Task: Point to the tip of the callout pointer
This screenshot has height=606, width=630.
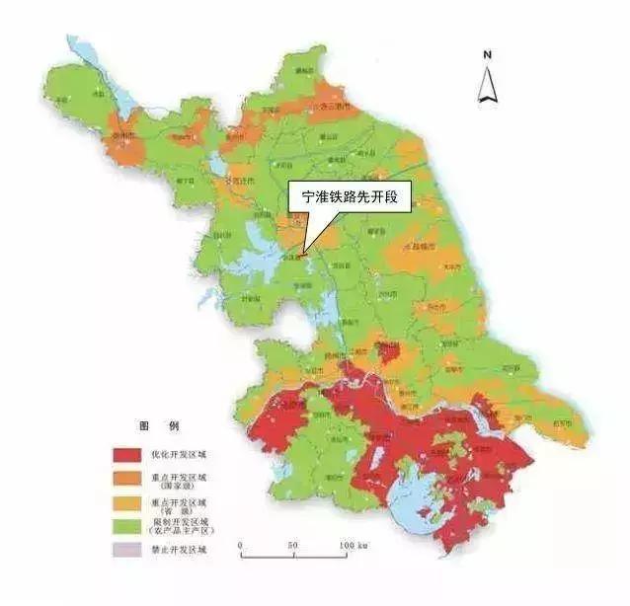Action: [x=305, y=255]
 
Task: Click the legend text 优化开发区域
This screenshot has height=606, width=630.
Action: [x=192, y=455]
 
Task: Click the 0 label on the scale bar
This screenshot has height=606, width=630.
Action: [x=240, y=545]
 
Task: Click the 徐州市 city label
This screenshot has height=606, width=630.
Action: [x=122, y=133]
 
